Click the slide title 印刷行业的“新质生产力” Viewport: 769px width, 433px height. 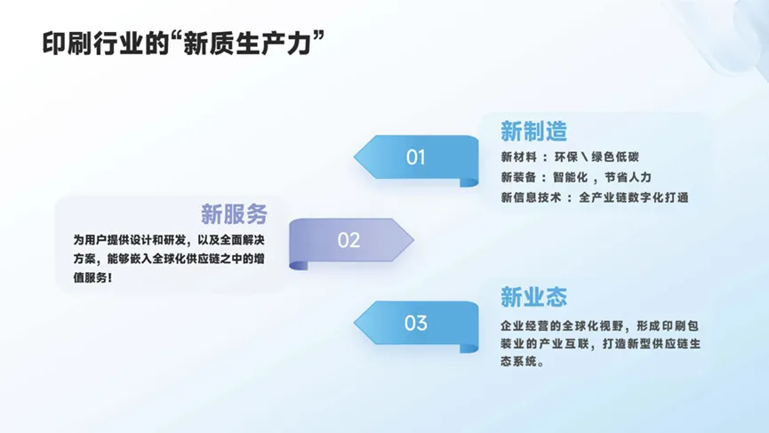(183, 44)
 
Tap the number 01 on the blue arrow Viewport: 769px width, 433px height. (415, 156)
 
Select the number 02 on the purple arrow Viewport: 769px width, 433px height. (348, 240)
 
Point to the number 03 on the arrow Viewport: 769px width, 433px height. (415, 323)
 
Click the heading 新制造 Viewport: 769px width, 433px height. (533, 132)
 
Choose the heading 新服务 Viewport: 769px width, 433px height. (234, 213)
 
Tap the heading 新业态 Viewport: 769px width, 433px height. (533, 297)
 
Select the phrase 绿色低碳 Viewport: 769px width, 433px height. (615, 156)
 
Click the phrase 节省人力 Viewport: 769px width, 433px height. (628, 177)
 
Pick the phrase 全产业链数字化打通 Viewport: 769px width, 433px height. (634, 197)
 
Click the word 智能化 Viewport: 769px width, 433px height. (570, 177)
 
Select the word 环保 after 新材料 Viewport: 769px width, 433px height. (566, 156)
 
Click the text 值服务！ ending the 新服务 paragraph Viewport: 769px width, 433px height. (92, 277)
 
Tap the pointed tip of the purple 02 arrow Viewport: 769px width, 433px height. (413, 240)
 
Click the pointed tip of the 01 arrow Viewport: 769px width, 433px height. (354, 156)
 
